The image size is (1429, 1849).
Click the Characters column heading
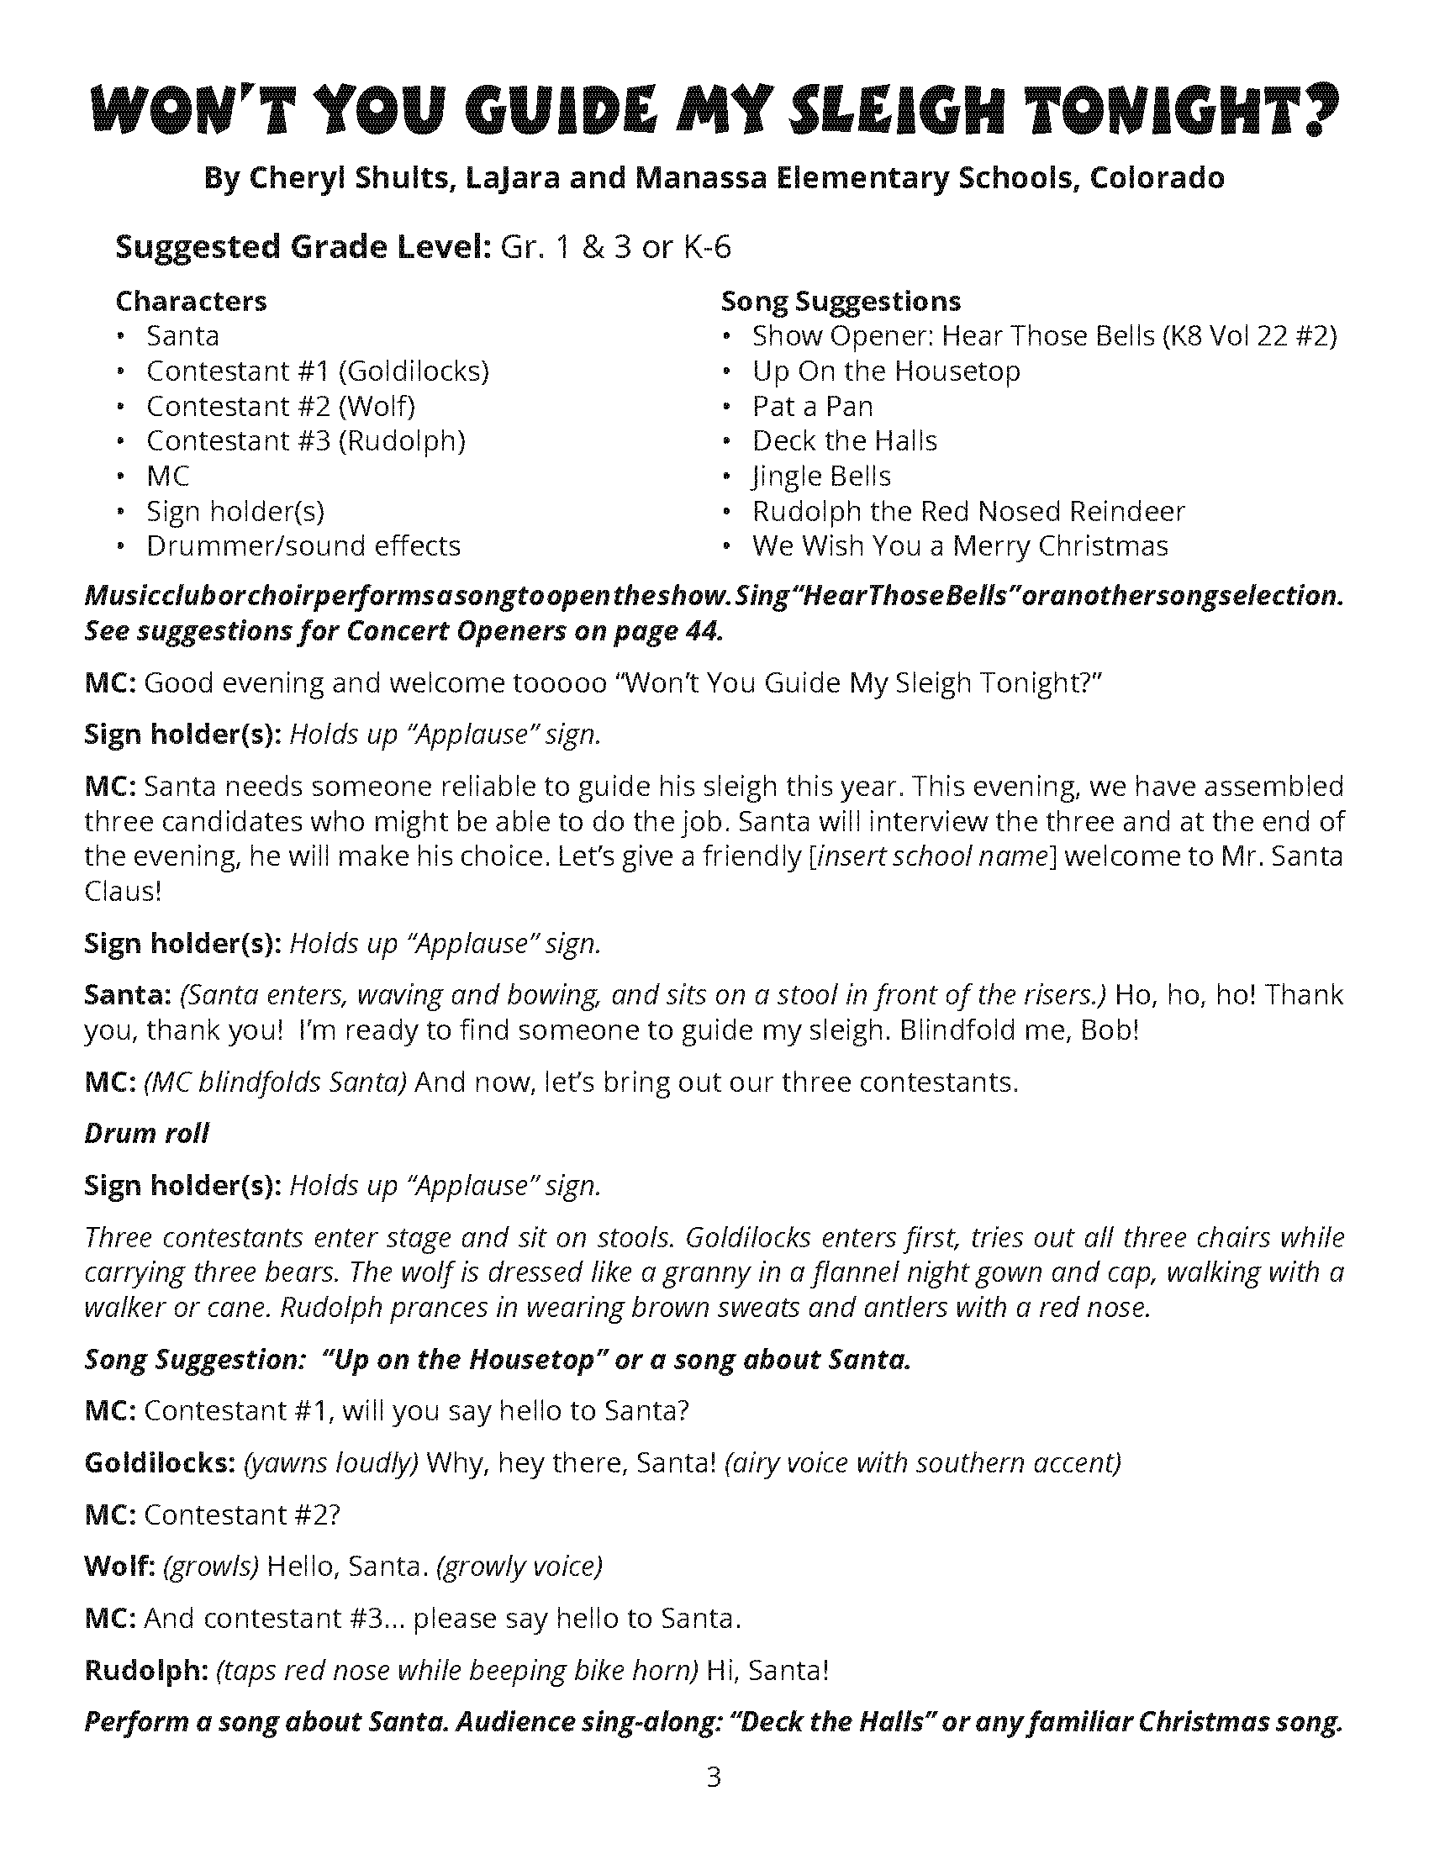point(191,302)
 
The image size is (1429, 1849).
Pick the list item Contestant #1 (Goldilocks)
point(318,371)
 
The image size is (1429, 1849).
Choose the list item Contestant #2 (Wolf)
point(280,407)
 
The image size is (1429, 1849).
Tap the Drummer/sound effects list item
point(303,546)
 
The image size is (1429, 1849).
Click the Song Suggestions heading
point(841,302)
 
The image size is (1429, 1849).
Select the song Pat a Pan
point(812,407)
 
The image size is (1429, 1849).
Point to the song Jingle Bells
point(821,477)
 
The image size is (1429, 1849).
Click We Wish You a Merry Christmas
point(960,546)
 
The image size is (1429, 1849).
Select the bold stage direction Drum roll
point(146,1134)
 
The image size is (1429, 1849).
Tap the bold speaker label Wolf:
point(119,1567)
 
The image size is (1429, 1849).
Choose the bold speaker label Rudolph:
point(146,1670)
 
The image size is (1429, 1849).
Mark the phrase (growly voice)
point(518,1567)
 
